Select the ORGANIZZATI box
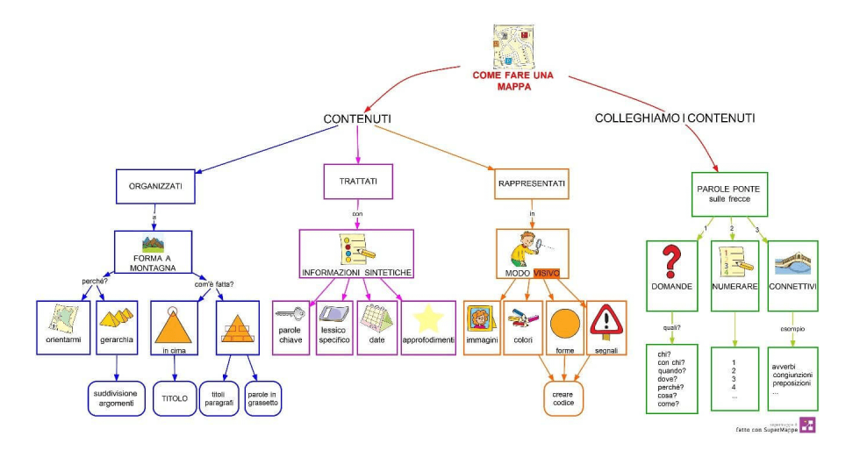155,186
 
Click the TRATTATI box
357,182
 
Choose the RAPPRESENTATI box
532,184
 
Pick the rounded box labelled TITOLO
174,397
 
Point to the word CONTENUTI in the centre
357,118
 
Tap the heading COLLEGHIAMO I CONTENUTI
674,118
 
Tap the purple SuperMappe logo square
807,426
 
